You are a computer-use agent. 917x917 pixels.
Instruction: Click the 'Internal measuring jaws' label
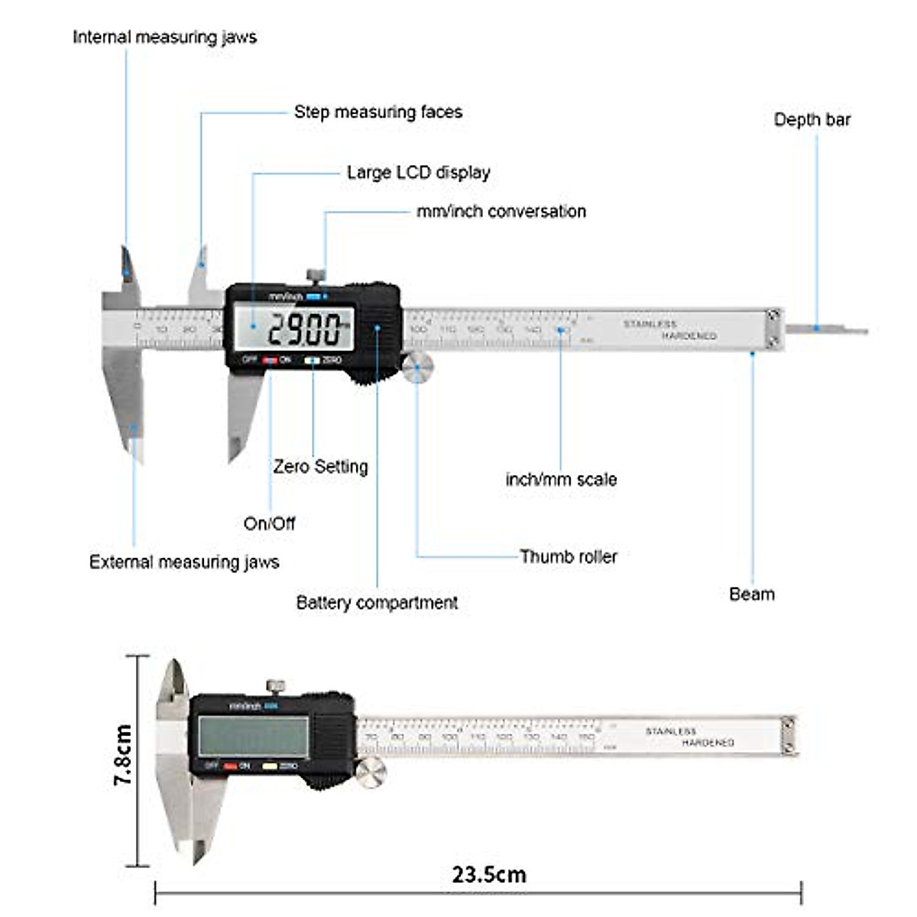(164, 37)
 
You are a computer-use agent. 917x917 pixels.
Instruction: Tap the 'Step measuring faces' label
(377, 112)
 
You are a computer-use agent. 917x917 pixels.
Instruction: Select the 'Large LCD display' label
(418, 173)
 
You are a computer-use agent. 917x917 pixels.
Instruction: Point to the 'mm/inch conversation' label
(501, 212)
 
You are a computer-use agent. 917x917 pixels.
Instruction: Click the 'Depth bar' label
(812, 120)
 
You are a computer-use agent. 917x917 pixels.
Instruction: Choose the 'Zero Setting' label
(320, 466)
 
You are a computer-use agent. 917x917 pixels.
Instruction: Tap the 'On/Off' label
(269, 523)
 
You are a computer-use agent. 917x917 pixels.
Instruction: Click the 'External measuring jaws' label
(184, 562)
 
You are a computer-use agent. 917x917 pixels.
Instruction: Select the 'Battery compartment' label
(377, 603)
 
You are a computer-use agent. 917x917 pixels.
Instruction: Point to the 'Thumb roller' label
(568, 556)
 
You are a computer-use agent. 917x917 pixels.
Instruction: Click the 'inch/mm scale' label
(561, 480)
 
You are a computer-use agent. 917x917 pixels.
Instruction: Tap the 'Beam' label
(751, 595)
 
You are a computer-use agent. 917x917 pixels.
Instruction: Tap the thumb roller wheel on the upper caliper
(417, 368)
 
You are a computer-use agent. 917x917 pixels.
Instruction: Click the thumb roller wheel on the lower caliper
(371, 773)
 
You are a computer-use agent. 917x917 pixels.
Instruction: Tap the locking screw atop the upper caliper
(315, 275)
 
